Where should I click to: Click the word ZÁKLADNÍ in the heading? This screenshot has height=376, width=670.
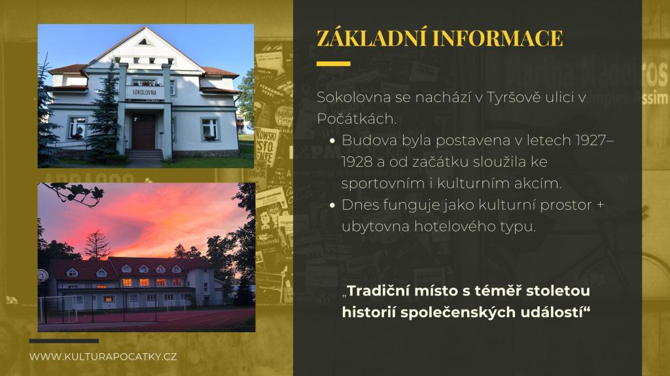coord(371,38)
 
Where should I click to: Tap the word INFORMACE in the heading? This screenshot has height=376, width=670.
coord(498,38)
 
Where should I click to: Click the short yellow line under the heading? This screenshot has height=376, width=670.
coord(333,63)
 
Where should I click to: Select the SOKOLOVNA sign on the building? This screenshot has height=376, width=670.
coord(144,92)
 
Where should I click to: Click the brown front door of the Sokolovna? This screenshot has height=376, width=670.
coord(143,131)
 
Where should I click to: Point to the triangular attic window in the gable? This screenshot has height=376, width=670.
coord(144,42)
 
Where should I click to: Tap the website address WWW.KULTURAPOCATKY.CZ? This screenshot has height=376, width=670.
coord(103,356)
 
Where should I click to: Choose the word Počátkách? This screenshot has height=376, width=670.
coord(357,119)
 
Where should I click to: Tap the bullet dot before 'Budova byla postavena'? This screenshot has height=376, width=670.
coord(332,141)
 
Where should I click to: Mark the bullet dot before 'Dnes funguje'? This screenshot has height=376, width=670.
coord(332,205)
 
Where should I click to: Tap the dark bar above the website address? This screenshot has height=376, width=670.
coord(64,341)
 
